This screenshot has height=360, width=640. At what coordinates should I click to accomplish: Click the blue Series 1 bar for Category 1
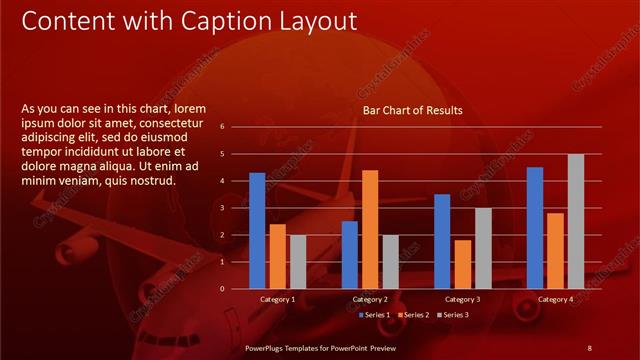coord(257,231)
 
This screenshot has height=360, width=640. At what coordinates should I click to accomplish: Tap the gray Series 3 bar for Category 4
coord(575,221)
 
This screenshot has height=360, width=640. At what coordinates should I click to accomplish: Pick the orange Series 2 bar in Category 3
coord(462,264)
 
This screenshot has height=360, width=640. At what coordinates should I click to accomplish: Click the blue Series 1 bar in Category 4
coord(535,228)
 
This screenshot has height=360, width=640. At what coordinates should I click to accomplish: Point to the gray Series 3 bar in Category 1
coord(297,262)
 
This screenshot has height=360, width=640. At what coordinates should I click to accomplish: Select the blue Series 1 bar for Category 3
coord(442,241)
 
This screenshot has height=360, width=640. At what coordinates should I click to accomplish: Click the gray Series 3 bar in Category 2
coord(390,262)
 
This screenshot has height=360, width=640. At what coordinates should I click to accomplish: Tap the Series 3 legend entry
coord(452,315)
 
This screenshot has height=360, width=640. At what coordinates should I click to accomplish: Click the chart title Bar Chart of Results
coord(412,110)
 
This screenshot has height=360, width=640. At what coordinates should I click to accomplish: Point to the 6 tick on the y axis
coord(236,127)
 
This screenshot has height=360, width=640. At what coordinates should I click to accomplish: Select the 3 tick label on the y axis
coord(236,208)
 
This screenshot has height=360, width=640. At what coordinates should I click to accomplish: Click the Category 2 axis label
coord(370,299)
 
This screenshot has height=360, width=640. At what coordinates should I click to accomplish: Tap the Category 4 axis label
coord(555,299)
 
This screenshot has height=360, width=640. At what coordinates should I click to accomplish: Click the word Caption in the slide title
coord(214,21)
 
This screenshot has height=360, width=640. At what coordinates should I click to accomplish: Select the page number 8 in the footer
coord(589,347)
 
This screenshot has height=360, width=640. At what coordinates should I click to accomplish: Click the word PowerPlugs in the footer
coord(268,347)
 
